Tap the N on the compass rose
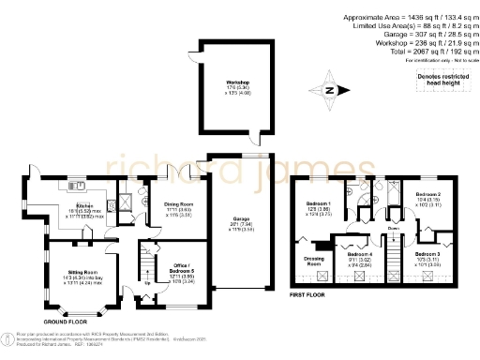click(329, 90)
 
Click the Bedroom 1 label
click(318, 203)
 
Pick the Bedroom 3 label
click(427, 254)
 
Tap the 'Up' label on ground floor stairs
click(146, 284)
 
